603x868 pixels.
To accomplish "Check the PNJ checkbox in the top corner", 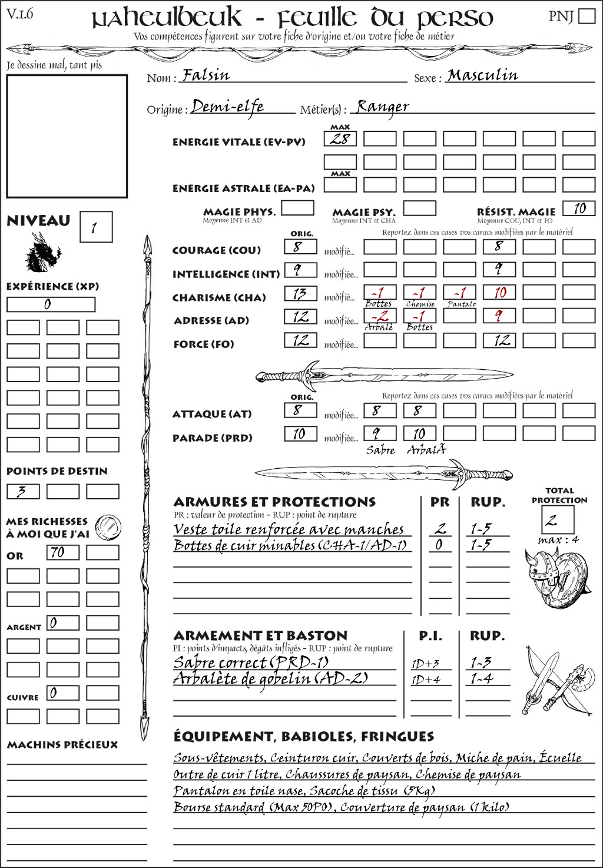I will pyautogui.click(x=587, y=16).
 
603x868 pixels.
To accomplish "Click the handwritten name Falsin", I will pyautogui.click(x=206, y=75).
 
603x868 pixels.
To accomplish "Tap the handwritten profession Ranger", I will pyautogui.click(x=383, y=107).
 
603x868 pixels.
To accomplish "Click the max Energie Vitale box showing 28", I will pyautogui.click(x=340, y=139).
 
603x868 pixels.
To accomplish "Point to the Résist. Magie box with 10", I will pyautogui.click(x=578, y=208).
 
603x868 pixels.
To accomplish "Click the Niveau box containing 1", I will pyautogui.click(x=95, y=227).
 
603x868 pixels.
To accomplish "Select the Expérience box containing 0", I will pyautogui.click(x=51, y=304).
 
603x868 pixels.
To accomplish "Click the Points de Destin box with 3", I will pyautogui.click(x=23, y=491).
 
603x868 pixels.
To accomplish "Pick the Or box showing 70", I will pyautogui.click(x=62, y=552).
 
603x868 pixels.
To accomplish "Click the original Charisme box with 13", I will pyautogui.click(x=300, y=293).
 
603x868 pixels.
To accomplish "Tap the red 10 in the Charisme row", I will pyautogui.click(x=499, y=293).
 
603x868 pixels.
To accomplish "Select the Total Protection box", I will pyautogui.click(x=558, y=519).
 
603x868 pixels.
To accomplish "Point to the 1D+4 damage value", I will pyautogui.click(x=426, y=679).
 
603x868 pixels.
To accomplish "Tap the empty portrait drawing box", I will pyautogui.click(x=67, y=136).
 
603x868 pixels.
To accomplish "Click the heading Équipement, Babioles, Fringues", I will pyautogui.click(x=303, y=737).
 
